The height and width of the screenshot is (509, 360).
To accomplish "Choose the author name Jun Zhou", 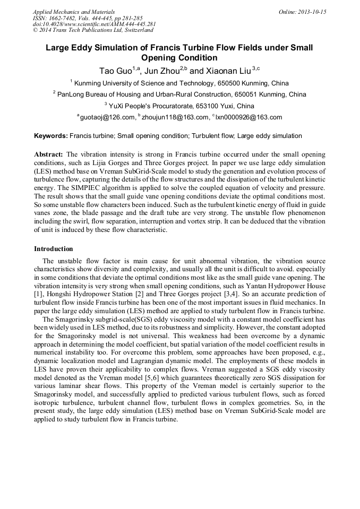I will pyautogui.click(x=162, y=71).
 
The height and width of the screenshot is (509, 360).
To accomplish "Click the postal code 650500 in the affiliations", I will pyautogui.click(x=229, y=83).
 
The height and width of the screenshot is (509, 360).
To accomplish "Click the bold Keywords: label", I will pyautogui.click(x=51, y=136).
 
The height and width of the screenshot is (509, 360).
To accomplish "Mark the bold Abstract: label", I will pyautogui.click(x=49, y=154).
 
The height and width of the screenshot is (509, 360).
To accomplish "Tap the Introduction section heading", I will pyautogui.click(x=54, y=249).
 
